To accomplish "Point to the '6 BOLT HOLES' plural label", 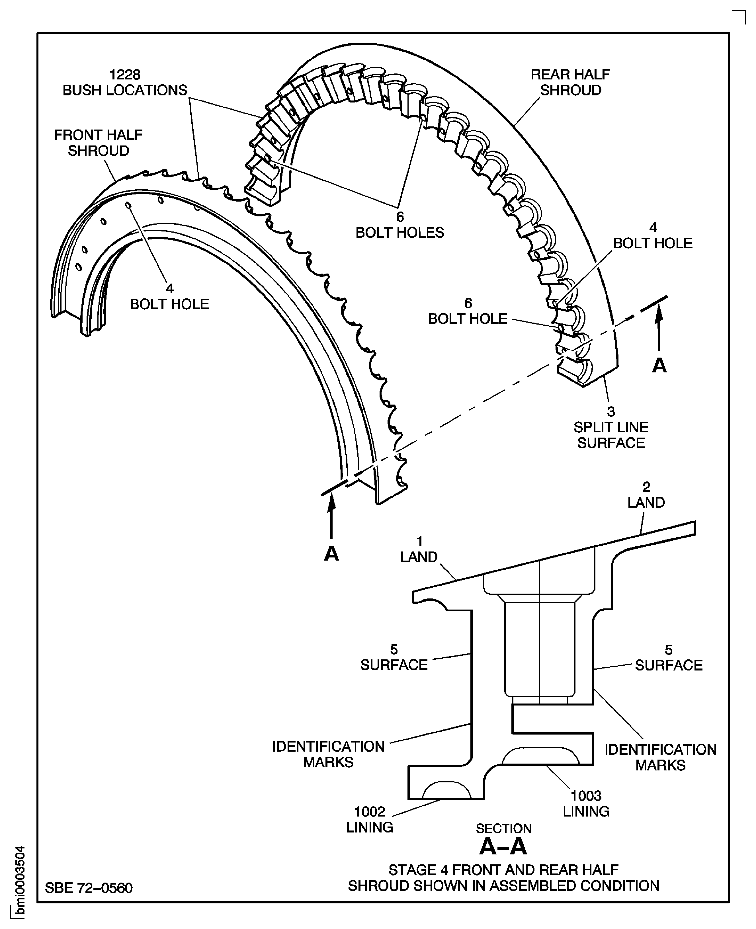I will pyautogui.click(x=400, y=225).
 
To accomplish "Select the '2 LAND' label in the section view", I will pyautogui.click(x=646, y=495).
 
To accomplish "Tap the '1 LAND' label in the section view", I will pyautogui.click(x=419, y=549).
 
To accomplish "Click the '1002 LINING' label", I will pyautogui.click(x=369, y=819).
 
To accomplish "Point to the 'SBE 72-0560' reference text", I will pyautogui.click(x=89, y=888).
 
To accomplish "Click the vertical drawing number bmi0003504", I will pyautogui.click(x=20, y=881).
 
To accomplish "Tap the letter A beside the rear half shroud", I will pyautogui.click(x=659, y=366).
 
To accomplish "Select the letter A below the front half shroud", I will pyautogui.click(x=331, y=554).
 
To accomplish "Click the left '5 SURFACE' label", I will pyautogui.click(x=394, y=657).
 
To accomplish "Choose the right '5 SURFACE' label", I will pyautogui.click(x=669, y=658).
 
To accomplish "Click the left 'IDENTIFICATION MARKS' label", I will pyautogui.click(x=328, y=754).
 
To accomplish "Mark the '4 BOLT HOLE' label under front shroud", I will pyautogui.click(x=169, y=296).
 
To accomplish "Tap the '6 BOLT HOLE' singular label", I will pyautogui.click(x=468, y=311).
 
